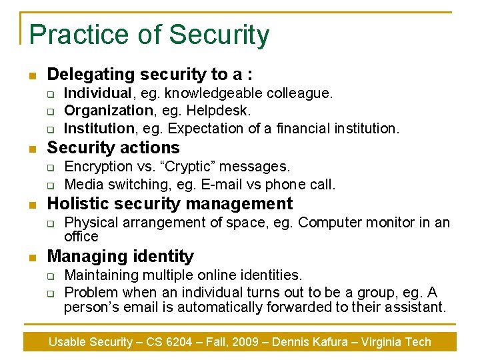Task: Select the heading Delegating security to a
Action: coord(149,75)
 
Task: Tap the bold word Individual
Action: coord(97,93)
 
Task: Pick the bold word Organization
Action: coord(109,111)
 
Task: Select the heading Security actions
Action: coord(113,148)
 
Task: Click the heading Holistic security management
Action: coord(170,204)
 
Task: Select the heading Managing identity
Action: coord(121,257)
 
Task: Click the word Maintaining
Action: coord(102,275)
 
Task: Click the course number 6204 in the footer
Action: coord(177,342)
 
